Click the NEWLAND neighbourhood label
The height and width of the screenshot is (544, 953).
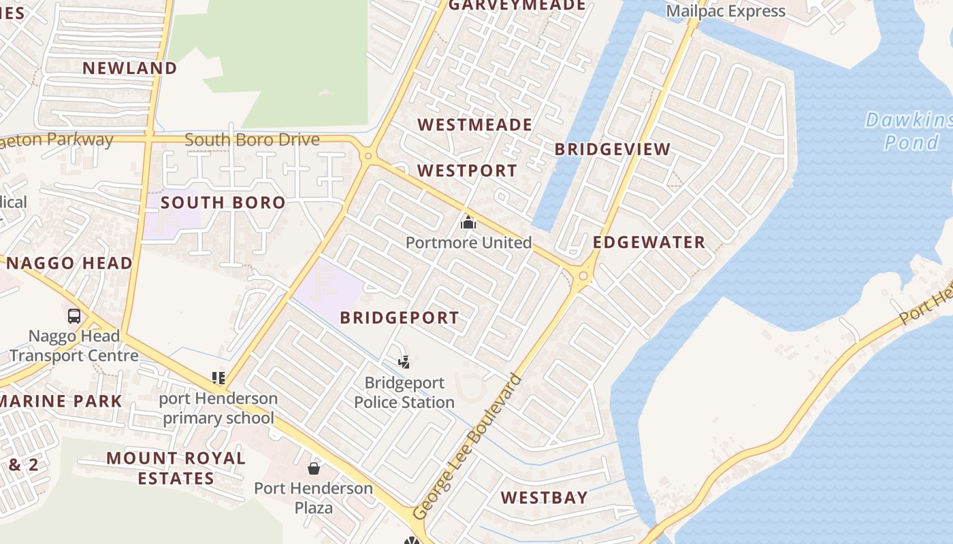pos(130,68)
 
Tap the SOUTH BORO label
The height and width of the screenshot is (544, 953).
pos(223,203)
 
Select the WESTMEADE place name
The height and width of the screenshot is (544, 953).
pos(474,124)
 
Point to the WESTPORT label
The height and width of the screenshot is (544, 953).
pos(467,171)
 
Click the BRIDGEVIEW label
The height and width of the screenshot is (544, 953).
pos(613,150)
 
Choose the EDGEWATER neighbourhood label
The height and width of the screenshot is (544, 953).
pos(649,243)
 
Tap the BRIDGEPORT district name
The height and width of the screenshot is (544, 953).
pos(400,318)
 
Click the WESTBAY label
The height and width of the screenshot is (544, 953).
pos(544,498)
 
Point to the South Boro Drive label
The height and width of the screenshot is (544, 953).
pos(252,140)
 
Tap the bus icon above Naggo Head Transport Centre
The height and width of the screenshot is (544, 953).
pos(74,316)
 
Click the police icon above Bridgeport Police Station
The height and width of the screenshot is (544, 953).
pos(404,362)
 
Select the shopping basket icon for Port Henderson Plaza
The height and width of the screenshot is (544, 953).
pos(314,468)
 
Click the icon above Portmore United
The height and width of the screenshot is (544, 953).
pos(468,222)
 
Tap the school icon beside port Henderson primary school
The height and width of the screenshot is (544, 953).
pos(219,377)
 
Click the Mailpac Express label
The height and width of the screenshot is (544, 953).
pos(726,11)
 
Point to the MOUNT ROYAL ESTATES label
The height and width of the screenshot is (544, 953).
pos(176,468)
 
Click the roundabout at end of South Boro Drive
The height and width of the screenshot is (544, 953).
pos(368,156)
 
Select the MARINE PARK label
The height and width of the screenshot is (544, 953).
pos(62,401)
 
